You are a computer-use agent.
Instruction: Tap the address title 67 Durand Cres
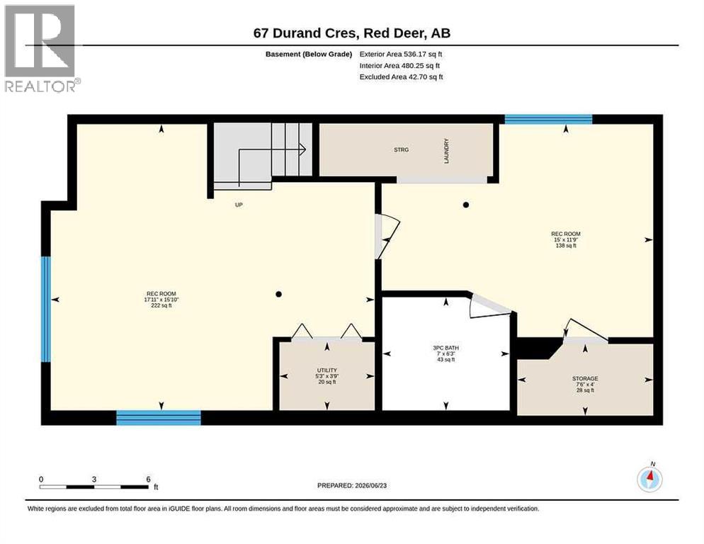(x=306, y=33)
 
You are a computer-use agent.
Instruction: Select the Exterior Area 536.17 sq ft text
(x=401, y=54)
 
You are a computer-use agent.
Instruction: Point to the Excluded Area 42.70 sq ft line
(x=402, y=76)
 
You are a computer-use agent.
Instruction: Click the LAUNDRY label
(x=446, y=151)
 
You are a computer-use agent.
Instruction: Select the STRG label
(x=402, y=149)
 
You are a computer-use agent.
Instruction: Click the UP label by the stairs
(x=239, y=205)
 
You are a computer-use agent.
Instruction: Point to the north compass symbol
(x=649, y=478)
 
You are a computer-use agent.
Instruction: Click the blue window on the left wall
(x=46, y=309)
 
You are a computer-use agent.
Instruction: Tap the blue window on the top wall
(x=548, y=119)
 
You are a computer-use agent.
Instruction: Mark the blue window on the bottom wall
(x=159, y=418)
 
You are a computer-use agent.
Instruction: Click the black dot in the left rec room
(x=279, y=294)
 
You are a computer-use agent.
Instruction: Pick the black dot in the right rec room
(x=466, y=205)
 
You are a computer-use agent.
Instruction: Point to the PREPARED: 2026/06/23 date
(x=352, y=486)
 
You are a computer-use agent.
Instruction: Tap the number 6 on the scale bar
(x=148, y=480)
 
